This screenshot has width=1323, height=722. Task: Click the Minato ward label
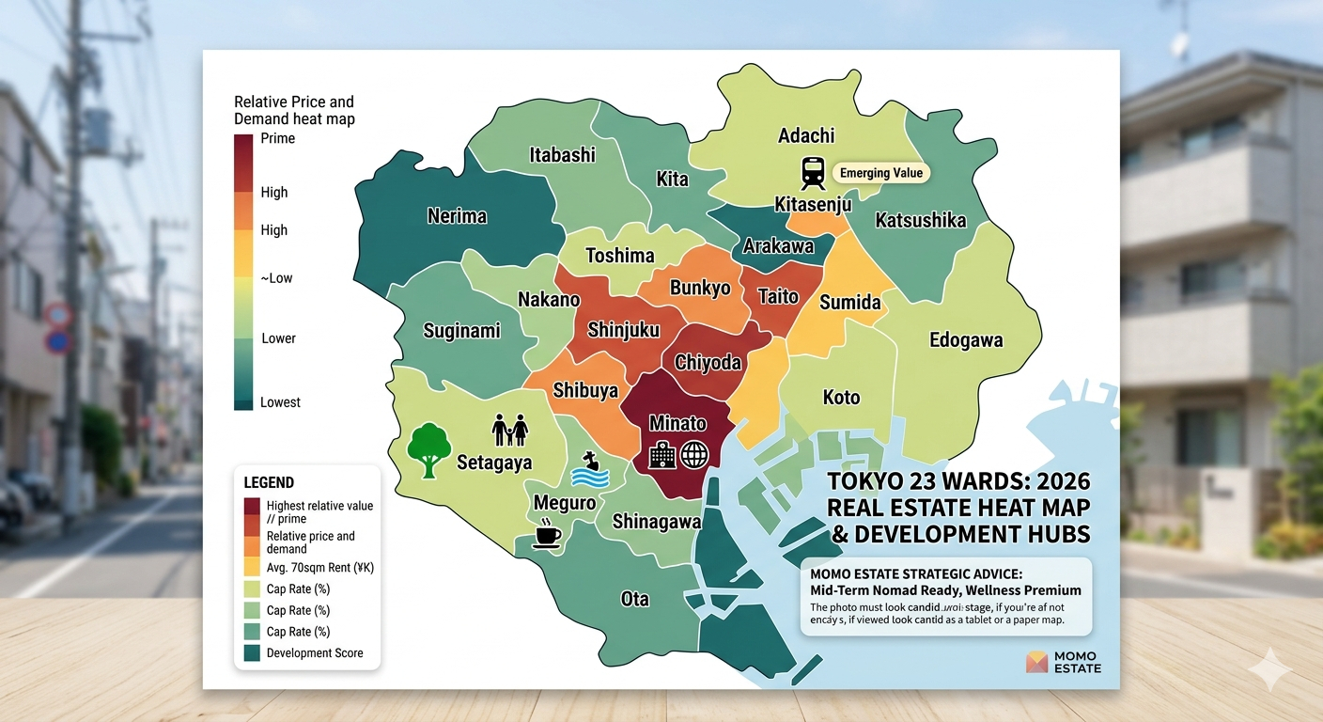[x=677, y=423]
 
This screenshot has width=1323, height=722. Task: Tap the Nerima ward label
[x=457, y=216]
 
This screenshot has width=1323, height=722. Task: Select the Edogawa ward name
[x=965, y=340]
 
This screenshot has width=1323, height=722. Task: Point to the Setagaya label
[x=494, y=463]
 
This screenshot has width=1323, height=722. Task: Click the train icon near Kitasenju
[x=813, y=173]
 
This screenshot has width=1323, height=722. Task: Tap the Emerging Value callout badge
[x=880, y=173]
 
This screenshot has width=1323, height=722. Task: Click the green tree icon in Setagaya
[x=428, y=449]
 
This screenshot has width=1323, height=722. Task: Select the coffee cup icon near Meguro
[x=547, y=535]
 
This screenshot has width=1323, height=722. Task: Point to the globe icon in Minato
[x=693, y=456]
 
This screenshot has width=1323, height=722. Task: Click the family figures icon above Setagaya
[x=510, y=431]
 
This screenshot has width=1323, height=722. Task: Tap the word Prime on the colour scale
[x=277, y=139]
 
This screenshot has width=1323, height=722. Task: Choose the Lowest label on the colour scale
[x=280, y=402]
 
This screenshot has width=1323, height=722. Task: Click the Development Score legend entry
[x=314, y=652]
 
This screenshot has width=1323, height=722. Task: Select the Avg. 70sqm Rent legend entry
[x=319, y=568]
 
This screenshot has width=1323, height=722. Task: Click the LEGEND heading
[x=269, y=482]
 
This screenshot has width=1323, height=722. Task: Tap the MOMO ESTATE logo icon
[x=1036, y=662]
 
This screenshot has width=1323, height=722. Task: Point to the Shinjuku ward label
[x=623, y=330]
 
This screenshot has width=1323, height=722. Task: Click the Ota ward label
[x=634, y=599]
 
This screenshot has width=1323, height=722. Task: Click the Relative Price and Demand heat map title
[x=294, y=110]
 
